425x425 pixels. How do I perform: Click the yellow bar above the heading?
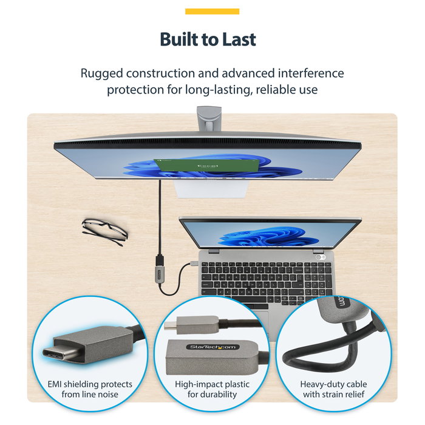[x=212, y=12]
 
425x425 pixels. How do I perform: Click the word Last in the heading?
[x=239, y=39]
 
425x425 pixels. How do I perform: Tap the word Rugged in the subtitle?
[x=101, y=73]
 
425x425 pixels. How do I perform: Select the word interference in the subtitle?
[x=311, y=73]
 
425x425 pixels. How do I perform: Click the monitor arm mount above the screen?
[x=209, y=118]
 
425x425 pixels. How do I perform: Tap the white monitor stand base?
[x=211, y=188]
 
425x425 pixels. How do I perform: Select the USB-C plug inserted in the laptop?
[x=194, y=263]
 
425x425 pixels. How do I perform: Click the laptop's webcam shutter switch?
[x=321, y=257]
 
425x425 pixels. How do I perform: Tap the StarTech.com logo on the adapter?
[x=212, y=347]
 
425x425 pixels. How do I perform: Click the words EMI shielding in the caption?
[x=73, y=384]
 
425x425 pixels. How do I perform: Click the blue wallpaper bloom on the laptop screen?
[x=268, y=236]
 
